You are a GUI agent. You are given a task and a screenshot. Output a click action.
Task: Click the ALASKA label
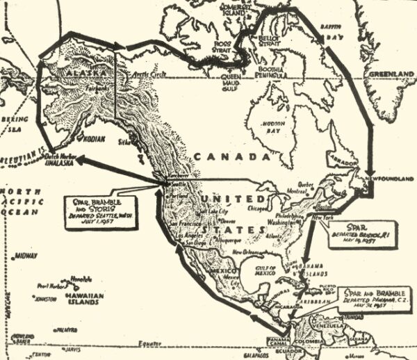(81, 72)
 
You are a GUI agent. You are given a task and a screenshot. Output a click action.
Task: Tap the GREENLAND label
(391, 74)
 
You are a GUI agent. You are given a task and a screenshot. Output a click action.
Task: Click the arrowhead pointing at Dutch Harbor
(74, 158)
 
